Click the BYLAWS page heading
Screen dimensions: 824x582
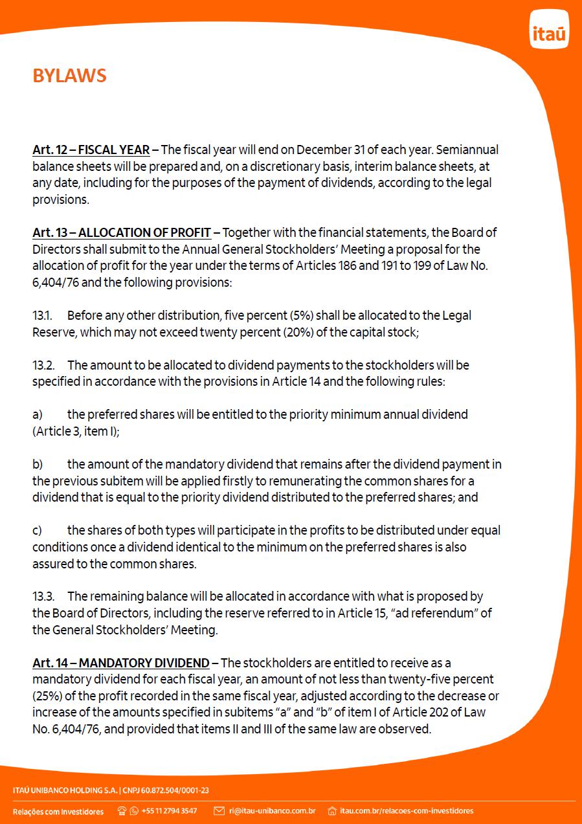coord(69,76)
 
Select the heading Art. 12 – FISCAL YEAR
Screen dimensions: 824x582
coord(91,150)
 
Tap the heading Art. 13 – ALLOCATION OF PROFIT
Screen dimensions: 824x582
coord(121,232)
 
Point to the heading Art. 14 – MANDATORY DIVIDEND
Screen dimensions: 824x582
coord(121,663)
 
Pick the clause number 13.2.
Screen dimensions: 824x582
coord(43,365)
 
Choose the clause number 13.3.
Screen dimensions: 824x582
coord(43,596)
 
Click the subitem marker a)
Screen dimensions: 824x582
coord(38,414)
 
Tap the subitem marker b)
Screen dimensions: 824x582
coord(38,464)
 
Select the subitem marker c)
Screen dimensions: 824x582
coord(38,531)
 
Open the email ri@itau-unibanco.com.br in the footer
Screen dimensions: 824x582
coord(272,810)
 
